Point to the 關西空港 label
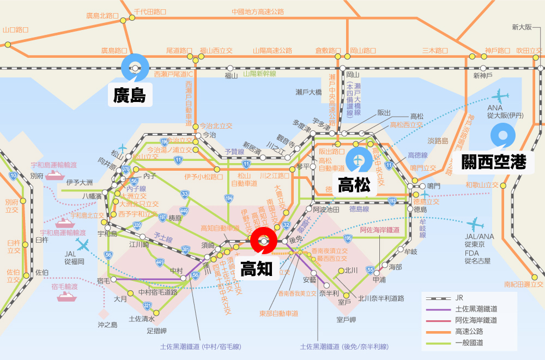(x=494, y=161)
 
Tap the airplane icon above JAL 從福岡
(x=83, y=244)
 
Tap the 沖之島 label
(x=107, y=325)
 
